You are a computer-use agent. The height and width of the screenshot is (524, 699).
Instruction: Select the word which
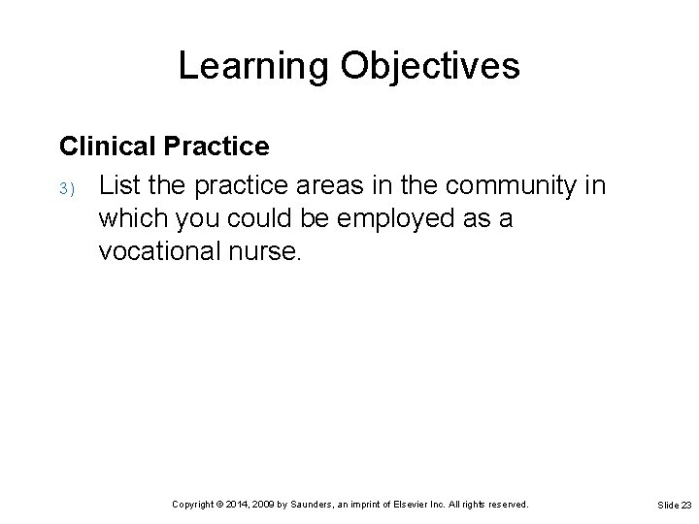click(129, 219)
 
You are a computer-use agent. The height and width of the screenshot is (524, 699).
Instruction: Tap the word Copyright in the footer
click(192, 505)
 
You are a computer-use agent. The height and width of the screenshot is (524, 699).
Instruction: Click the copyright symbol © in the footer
click(220, 505)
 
